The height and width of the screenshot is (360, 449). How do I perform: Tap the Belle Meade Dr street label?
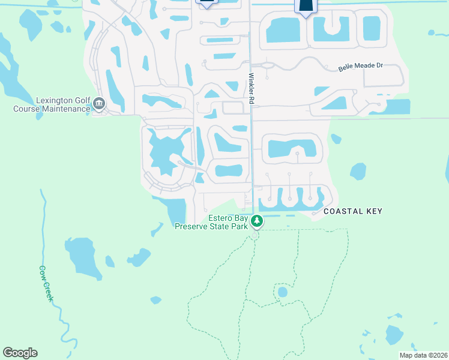click(360, 67)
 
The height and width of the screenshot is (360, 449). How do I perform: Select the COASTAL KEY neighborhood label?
click(353, 211)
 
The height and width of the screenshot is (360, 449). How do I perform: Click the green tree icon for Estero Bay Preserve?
click(257, 221)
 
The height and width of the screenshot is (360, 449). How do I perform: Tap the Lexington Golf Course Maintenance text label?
click(52, 105)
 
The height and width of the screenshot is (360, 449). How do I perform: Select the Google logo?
click(20, 353)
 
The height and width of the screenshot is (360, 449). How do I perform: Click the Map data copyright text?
click(423, 355)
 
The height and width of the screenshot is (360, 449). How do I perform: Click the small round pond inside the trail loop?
click(282, 293)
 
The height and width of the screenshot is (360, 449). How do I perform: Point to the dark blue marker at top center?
click(206, 3)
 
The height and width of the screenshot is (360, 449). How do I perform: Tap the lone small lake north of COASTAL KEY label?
click(358, 172)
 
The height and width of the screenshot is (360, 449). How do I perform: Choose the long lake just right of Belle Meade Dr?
click(397, 107)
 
